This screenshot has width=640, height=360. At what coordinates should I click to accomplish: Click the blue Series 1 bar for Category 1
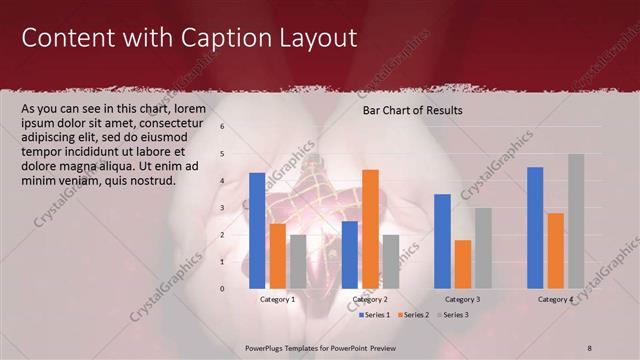257,230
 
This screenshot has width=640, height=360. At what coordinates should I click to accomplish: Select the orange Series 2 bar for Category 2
370,229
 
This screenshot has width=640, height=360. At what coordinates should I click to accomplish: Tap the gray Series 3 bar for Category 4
576,221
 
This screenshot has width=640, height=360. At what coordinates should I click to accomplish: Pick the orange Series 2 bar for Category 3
463,264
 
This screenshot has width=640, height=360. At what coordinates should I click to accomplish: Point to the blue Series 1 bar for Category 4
535,227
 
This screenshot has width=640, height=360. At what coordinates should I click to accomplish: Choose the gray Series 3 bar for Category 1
298,261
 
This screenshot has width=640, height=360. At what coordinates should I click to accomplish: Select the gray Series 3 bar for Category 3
483,248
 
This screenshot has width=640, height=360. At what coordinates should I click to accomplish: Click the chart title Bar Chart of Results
412,110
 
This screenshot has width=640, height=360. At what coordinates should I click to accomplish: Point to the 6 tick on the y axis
222,127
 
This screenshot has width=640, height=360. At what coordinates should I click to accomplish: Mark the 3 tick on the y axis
222,208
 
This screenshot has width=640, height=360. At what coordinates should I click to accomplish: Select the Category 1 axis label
277,299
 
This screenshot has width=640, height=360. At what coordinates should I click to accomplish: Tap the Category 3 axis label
462,299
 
